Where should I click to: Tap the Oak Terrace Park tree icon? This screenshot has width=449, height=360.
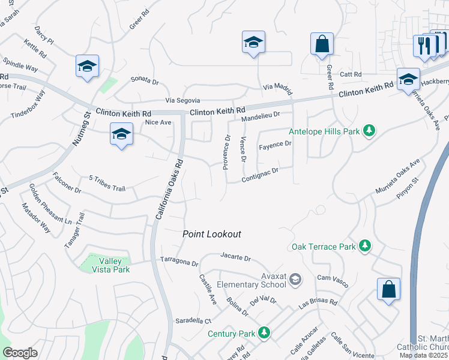pos(364,245)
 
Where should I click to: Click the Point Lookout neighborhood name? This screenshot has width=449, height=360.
pos(212,234)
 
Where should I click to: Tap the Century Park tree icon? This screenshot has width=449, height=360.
pos(264,332)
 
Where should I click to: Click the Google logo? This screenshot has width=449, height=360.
pos(20,352)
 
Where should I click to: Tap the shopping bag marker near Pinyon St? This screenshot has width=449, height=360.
pos(388,289)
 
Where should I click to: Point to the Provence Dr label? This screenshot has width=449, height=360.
pos(227,152)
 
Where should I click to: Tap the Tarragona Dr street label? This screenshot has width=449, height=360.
pos(179,261)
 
